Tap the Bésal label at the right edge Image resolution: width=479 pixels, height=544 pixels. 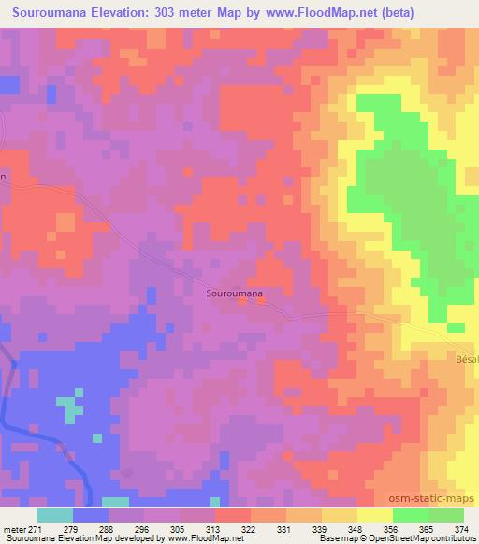(x=466, y=359)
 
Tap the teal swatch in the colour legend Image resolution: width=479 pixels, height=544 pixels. (x=56, y=515)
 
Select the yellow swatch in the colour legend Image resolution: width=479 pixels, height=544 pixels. (x=375, y=515)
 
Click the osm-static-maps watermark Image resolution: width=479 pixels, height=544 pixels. (x=439, y=500)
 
